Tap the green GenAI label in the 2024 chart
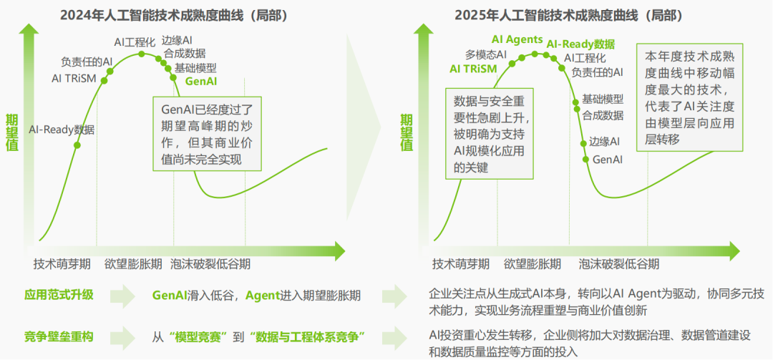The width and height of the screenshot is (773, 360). pos(201,82)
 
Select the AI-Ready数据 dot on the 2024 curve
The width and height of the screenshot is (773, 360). pos(77,145)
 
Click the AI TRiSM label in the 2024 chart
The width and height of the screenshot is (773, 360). pos(73,78)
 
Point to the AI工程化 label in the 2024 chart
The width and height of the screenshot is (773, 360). pos(135,42)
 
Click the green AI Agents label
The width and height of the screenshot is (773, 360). pos(517,39)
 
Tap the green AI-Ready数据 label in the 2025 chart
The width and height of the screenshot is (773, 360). pos(580,44)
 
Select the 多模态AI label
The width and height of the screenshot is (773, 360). pos(486,54)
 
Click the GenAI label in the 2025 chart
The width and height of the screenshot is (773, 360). pos(607,159)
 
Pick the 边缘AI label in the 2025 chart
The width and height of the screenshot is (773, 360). pos(605,141)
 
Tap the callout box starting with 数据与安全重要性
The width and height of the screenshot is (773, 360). pos(490,134)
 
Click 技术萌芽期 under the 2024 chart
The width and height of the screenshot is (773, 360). pos(62,263)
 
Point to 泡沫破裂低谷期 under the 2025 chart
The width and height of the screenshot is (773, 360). pos(618,263)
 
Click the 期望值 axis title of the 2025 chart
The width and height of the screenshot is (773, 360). pos(407,132)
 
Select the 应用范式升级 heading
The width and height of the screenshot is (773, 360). pos(59,295)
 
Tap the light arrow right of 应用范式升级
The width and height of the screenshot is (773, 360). pos(122,296)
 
